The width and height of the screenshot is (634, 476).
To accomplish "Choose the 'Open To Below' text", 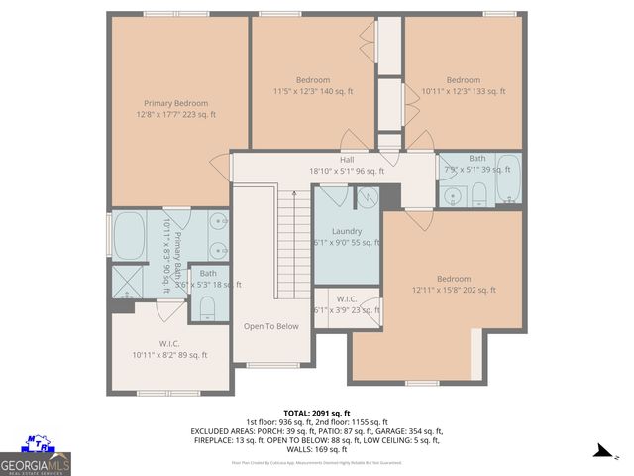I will click(x=270, y=326).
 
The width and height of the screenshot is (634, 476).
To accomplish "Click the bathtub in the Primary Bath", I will click(x=130, y=236).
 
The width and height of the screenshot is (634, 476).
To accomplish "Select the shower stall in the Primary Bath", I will click(x=127, y=283).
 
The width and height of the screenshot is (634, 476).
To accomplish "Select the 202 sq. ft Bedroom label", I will click(x=454, y=285).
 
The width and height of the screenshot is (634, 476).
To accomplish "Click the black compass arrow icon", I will click(x=601, y=451).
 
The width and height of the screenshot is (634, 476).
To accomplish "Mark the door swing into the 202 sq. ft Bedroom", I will click(x=420, y=220).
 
